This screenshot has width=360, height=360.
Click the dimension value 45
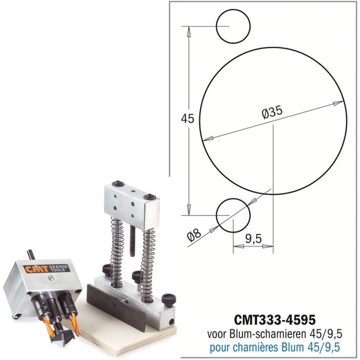click(188, 119)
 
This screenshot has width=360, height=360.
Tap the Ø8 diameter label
click(194, 235)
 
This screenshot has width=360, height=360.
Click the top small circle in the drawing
click(233, 26)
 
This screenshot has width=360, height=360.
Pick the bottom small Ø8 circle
click(233, 215)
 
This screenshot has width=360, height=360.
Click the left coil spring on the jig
click(117, 242)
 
